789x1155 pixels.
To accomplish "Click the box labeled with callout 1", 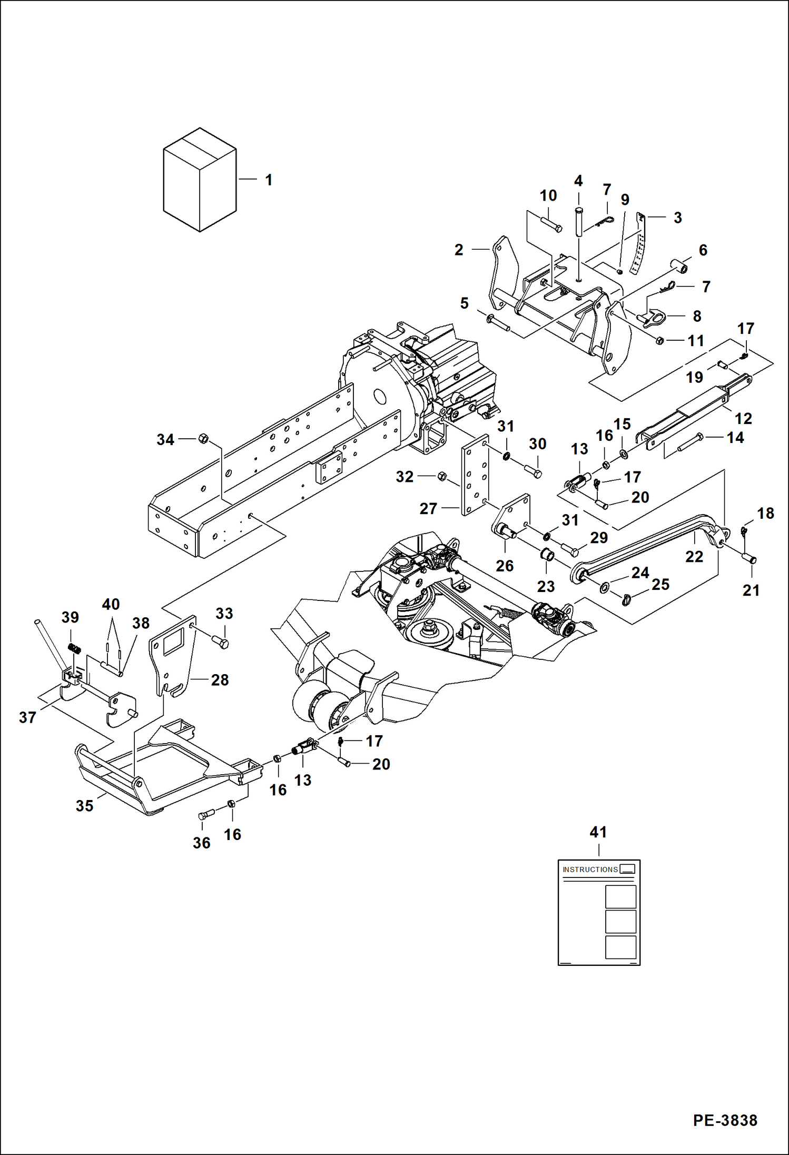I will (x=199, y=180).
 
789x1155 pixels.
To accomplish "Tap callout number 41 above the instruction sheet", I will (x=598, y=833).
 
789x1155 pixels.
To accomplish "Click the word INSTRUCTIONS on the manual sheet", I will (x=590, y=870).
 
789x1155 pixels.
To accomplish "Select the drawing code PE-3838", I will (x=725, y=1120).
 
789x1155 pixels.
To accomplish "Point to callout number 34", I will (x=165, y=440).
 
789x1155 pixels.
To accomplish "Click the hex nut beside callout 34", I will (x=203, y=438).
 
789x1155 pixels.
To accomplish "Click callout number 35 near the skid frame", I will (x=84, y=806).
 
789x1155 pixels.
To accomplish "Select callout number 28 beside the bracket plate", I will (x=220, y=680).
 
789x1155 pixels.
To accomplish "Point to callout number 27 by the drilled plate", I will (x=428, y=509).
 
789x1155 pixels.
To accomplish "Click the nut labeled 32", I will (x=442, y=476).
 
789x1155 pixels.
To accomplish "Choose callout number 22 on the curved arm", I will (x=694, y=557).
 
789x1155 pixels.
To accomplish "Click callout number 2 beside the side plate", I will (x=459, y=250).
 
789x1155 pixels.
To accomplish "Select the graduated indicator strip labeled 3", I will (x=639, y=243).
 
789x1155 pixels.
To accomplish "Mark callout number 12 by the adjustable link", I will (x=743, y=419).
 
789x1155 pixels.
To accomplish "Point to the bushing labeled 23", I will (x=547, y=555).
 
